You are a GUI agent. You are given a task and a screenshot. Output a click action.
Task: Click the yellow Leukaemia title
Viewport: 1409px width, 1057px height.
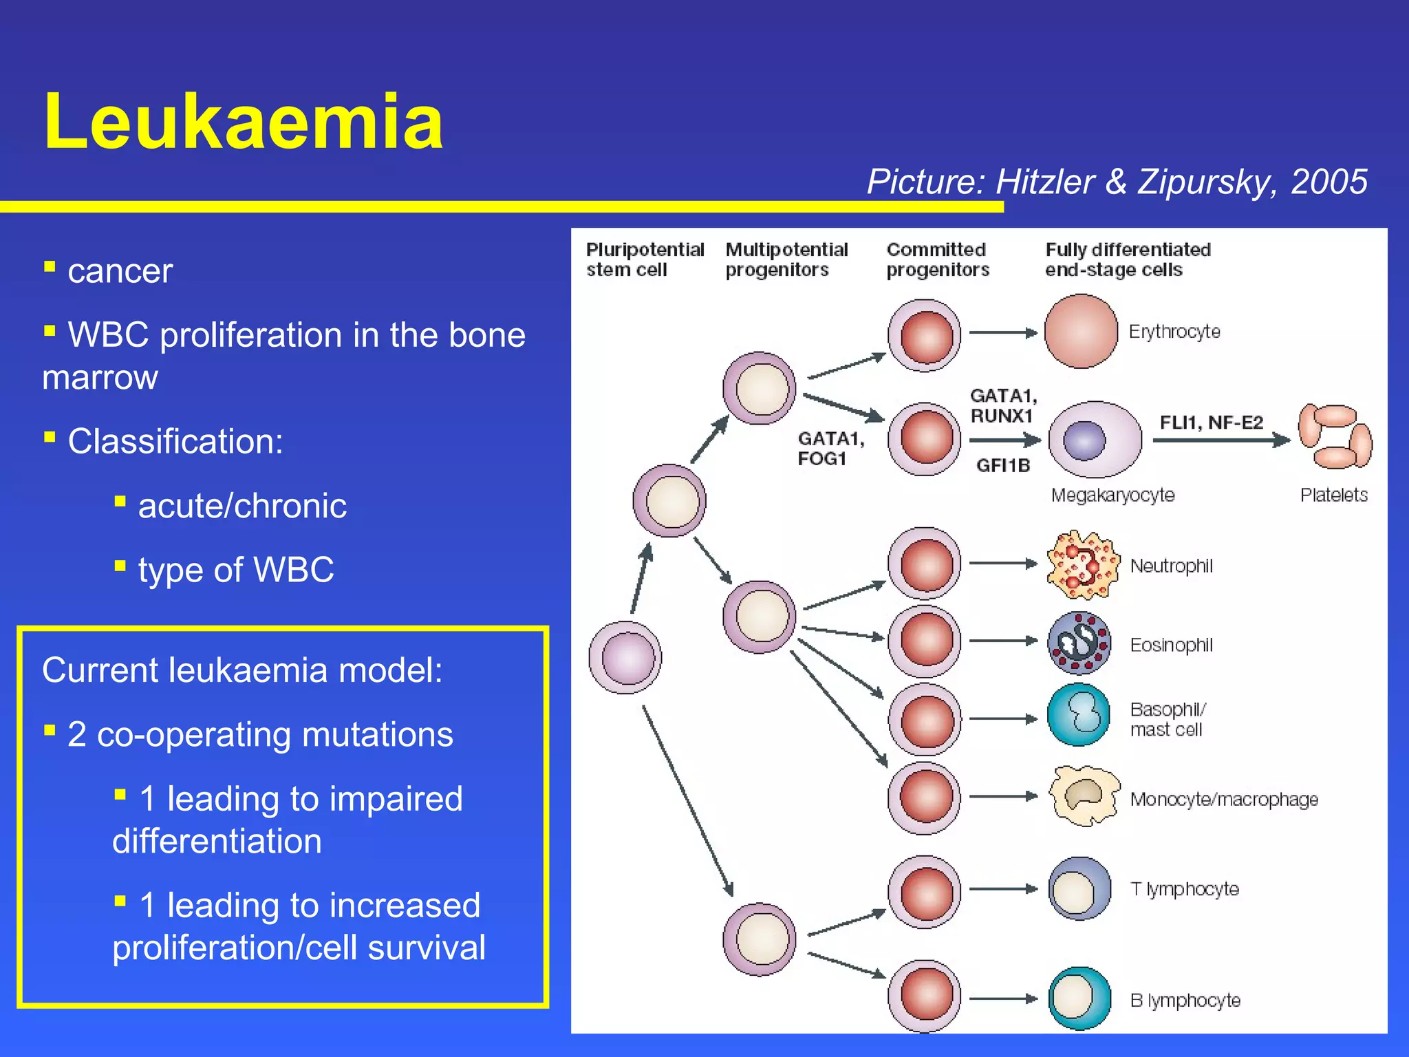click(243, 122)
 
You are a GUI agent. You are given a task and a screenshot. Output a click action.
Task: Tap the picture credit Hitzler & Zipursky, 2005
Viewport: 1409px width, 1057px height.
click(1116, 182)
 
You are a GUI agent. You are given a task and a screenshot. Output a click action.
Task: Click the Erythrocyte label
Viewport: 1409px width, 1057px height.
click(1174, 332)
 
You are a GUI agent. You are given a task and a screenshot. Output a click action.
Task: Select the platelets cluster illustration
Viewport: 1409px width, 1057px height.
click(1334, 437)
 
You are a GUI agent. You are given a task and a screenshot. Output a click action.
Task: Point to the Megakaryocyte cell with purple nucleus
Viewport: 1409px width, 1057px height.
click(1095, 440)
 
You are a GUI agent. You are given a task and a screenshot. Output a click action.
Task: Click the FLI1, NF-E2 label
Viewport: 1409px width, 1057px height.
click(1211, 423)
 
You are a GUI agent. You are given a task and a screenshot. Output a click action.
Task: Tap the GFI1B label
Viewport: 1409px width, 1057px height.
click(1002, 466)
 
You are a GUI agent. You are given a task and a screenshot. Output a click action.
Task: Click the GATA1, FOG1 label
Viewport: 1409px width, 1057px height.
click(830, 449)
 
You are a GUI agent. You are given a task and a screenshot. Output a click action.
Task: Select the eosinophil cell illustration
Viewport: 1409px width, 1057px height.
click(1079, 643)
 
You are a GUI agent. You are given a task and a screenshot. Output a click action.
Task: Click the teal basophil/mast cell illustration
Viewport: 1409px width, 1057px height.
click(1079, 715)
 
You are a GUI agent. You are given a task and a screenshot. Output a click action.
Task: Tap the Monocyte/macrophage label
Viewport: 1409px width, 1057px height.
click(1223, 800)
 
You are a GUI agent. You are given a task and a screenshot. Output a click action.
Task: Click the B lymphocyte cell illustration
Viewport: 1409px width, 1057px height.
click(1079, 999)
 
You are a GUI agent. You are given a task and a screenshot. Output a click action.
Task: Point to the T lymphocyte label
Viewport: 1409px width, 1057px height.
click(1184, 889)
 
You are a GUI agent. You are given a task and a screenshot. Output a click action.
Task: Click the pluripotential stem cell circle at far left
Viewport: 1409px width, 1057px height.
click(625, 658)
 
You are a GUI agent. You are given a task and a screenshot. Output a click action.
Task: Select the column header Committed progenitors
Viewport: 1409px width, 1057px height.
click(937, 259)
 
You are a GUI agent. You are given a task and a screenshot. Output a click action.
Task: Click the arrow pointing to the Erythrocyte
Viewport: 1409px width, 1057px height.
click(1002, 333)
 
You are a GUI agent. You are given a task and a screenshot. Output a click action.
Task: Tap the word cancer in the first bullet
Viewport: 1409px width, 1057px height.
click(120, 271)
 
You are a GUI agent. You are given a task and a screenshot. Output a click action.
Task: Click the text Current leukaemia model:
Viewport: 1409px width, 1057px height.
click(242, 670)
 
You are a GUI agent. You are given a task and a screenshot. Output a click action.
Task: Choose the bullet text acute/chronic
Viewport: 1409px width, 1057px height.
click(241, 506)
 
